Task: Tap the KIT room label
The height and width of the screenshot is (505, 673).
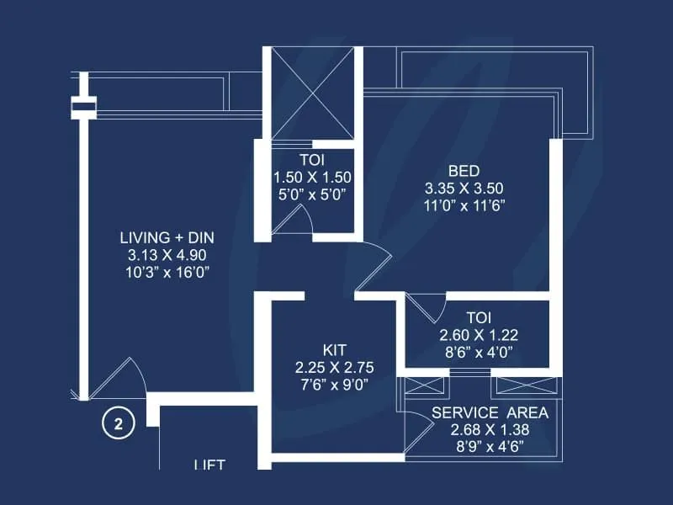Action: pos(335,348)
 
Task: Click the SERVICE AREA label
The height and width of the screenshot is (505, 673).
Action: pos(490,412)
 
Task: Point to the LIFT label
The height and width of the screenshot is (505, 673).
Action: pos(209,464)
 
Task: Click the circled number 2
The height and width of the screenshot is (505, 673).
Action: pos(118,424)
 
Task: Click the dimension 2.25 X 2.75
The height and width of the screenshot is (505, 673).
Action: pos(335,367)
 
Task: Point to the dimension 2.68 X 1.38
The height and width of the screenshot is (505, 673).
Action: pos(490,429)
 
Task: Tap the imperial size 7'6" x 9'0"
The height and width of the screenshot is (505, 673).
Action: pos(335,385)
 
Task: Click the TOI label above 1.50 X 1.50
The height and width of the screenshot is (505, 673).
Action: pos(311,159)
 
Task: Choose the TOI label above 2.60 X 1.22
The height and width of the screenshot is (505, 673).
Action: pos(479,317)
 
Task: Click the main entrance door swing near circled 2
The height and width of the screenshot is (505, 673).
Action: pos(119,379)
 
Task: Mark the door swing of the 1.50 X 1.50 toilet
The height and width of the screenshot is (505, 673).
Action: pos(294,220)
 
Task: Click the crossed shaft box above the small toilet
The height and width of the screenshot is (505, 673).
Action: pos(312,93)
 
